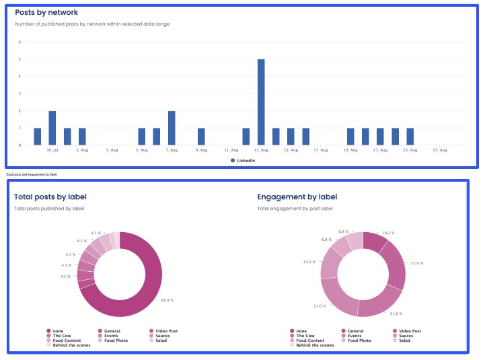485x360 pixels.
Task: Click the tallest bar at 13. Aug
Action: (261, 102)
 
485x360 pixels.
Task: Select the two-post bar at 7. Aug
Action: (172, 128)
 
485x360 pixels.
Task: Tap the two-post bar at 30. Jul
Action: (52, 128)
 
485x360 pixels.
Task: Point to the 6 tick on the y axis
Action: (20, 42)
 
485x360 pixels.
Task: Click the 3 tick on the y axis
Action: (20, 94)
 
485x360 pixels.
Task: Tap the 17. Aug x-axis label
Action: (321, 150)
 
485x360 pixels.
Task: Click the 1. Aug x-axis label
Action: (83, 150)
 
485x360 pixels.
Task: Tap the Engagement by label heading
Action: (297, 197)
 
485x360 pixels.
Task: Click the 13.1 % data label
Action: (310, 262)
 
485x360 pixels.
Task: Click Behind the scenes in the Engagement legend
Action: (315, 345)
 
